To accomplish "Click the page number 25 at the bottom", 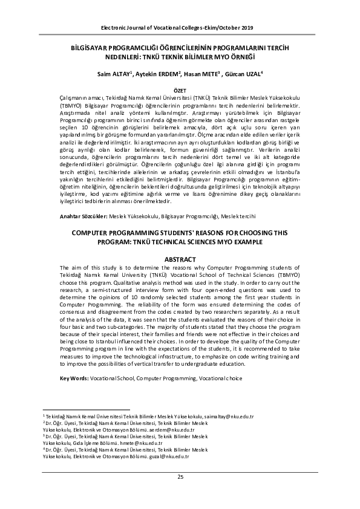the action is tap(180, 478).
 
